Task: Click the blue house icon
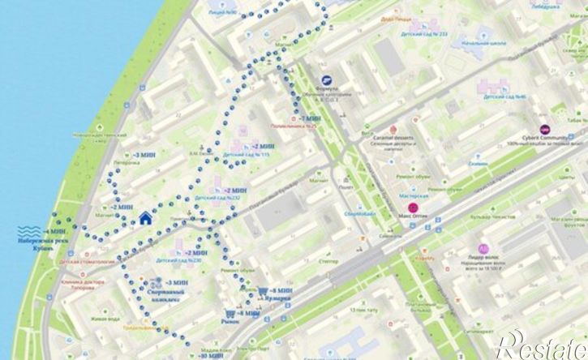tap(145, 217)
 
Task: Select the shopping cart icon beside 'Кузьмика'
tap(265, 289)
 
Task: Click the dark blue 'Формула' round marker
tap(327, 80)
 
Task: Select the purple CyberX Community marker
tap(545, 129)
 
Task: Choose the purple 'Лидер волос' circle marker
tap(483, 247)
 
